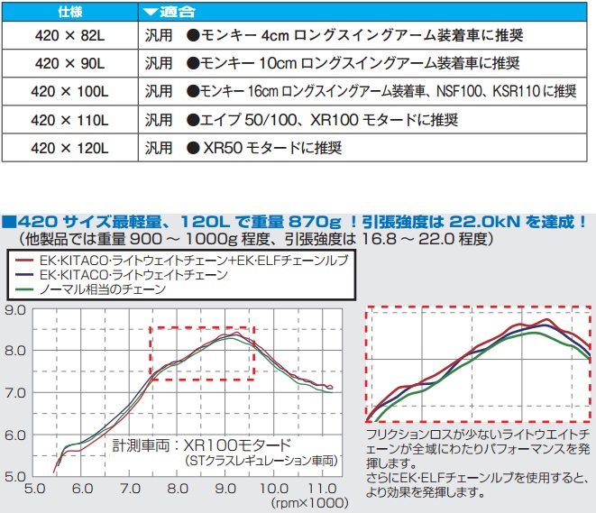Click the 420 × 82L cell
coord(69,37)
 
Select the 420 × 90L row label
coord(69,64)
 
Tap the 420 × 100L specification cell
coord(69,92)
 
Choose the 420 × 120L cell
coord(69,147)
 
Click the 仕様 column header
coord(69,12)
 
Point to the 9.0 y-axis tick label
coord(14,311)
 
